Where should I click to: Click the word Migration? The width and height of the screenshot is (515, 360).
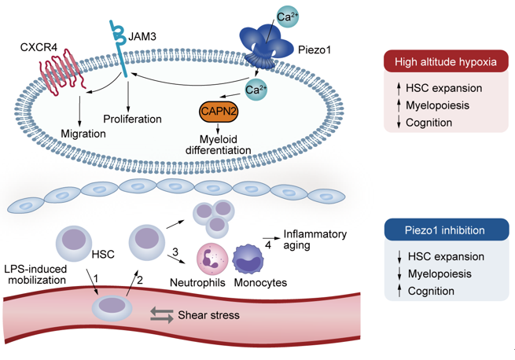point(83,134)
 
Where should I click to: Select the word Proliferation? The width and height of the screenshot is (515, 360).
point(132,119)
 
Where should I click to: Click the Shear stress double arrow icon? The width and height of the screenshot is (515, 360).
point(163,315)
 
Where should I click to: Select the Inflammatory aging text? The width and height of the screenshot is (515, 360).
point(313,241)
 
